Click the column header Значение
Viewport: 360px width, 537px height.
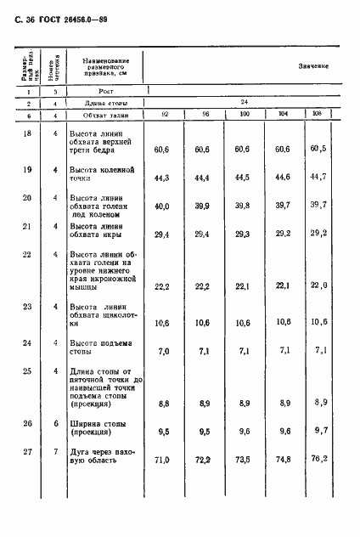pyautogui.click(x=313, y=66)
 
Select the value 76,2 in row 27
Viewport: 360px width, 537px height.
pyautogui.click(x=318, y=462)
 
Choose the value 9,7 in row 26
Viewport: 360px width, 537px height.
pyautogui.click(x=318, y=432)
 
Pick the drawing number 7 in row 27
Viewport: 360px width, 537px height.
pyautogui.click(x=54, y=451)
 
